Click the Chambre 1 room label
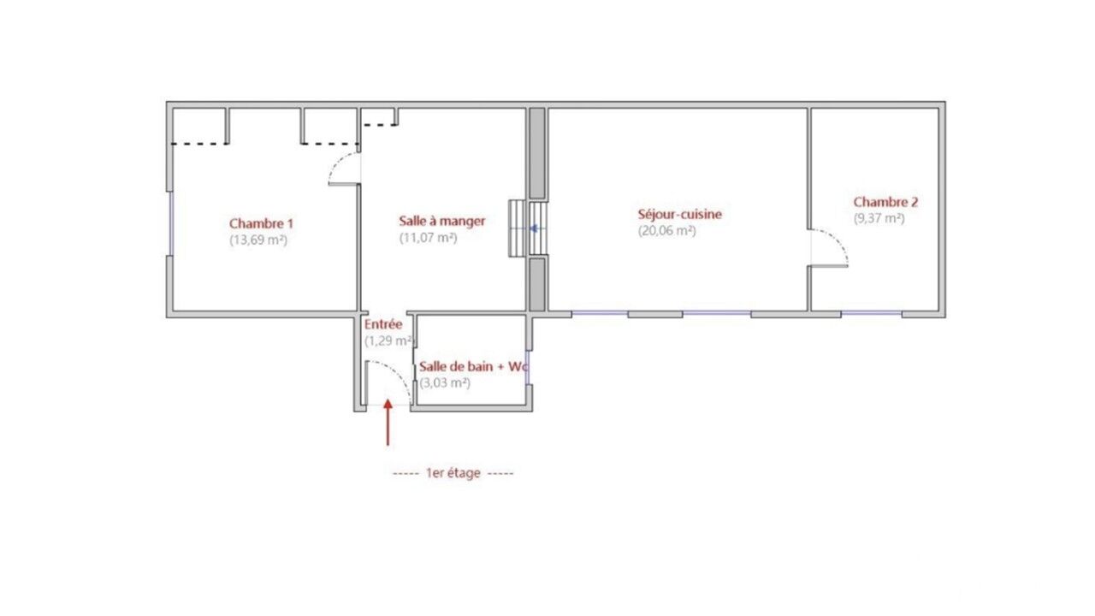tap(261, 223)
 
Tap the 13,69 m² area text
tap(258, 240)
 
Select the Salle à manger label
tap(442, 221)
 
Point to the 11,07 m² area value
tap(429, 238)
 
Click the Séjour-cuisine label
tap(679, 214)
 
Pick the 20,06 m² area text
tap(666, 230)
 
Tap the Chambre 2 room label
tap(885, 201)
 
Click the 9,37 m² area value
tap(879, 218)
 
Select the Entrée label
tap(383, 324)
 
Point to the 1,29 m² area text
tap(389, 341)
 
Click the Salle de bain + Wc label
tap(473, 366)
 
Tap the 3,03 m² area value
tap(445, 382)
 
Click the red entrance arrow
tap(388, 423)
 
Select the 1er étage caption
tap(453, 473)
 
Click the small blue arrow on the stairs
tap(534, 228)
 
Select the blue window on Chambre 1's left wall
tap(170, 223)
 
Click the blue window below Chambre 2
tap(872, 313)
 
